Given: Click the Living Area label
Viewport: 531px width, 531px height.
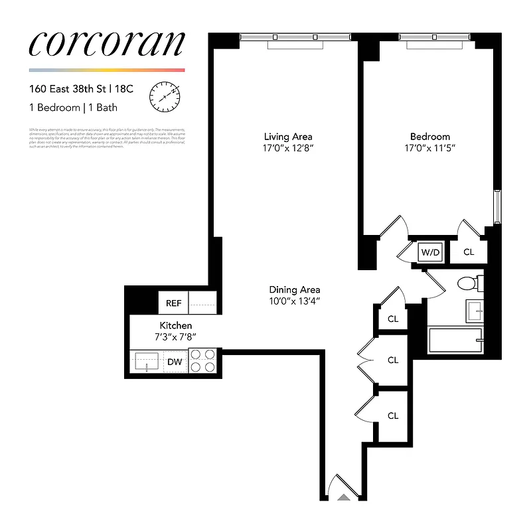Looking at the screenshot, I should [x=287, y=137].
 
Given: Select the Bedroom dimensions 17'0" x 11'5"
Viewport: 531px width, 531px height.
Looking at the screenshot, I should [x=430, y=148].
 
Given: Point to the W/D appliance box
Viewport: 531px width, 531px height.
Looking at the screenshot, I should [x=430, y=252].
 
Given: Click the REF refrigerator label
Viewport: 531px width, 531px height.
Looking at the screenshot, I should [x=173, y=303].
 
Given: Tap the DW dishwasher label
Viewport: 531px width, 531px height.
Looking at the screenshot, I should [x=175, y=362].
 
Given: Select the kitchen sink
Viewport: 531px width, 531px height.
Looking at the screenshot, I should [x=146, y=362].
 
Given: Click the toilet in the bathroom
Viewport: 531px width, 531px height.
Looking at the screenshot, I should [x=468, y=284].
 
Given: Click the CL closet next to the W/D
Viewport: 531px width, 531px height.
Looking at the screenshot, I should [x=469, y=252].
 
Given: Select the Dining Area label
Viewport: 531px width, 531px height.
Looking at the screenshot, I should [x=295, y=289].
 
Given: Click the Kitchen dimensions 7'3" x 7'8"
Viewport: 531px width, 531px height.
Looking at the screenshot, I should [x=176, y=337].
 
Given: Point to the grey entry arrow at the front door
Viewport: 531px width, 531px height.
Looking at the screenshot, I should [x=343, y=496].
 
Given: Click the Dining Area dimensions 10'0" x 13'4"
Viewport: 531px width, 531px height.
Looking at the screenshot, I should [x=295, y=301].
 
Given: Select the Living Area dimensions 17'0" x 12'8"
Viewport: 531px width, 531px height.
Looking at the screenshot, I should [x=287, y=148].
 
